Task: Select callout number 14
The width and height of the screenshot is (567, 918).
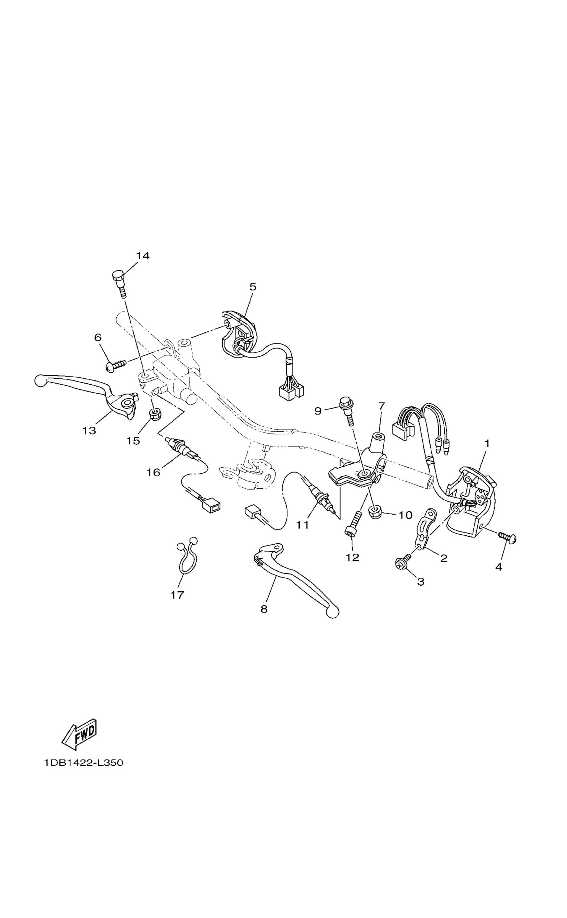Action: click(x=142, y=256)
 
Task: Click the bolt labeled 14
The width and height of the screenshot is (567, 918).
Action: click(x=119, y=283)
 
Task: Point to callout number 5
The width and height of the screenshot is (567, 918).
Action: click(x=253, y=287)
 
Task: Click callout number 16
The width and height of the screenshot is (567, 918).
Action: click(x=153, y=473)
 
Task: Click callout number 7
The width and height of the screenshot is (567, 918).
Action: click(x=381, y=406)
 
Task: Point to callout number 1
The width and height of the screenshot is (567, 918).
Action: click(x=487, y=443)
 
